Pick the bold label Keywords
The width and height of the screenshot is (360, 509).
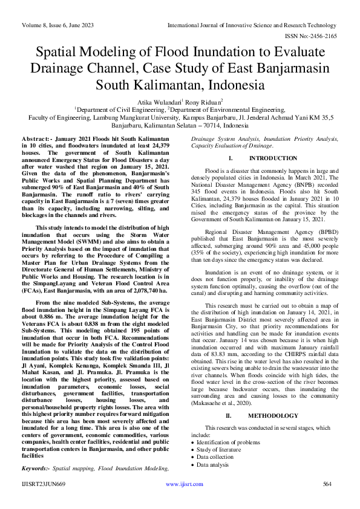click(34, 468)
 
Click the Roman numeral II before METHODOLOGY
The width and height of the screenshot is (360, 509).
click(229, 416)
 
